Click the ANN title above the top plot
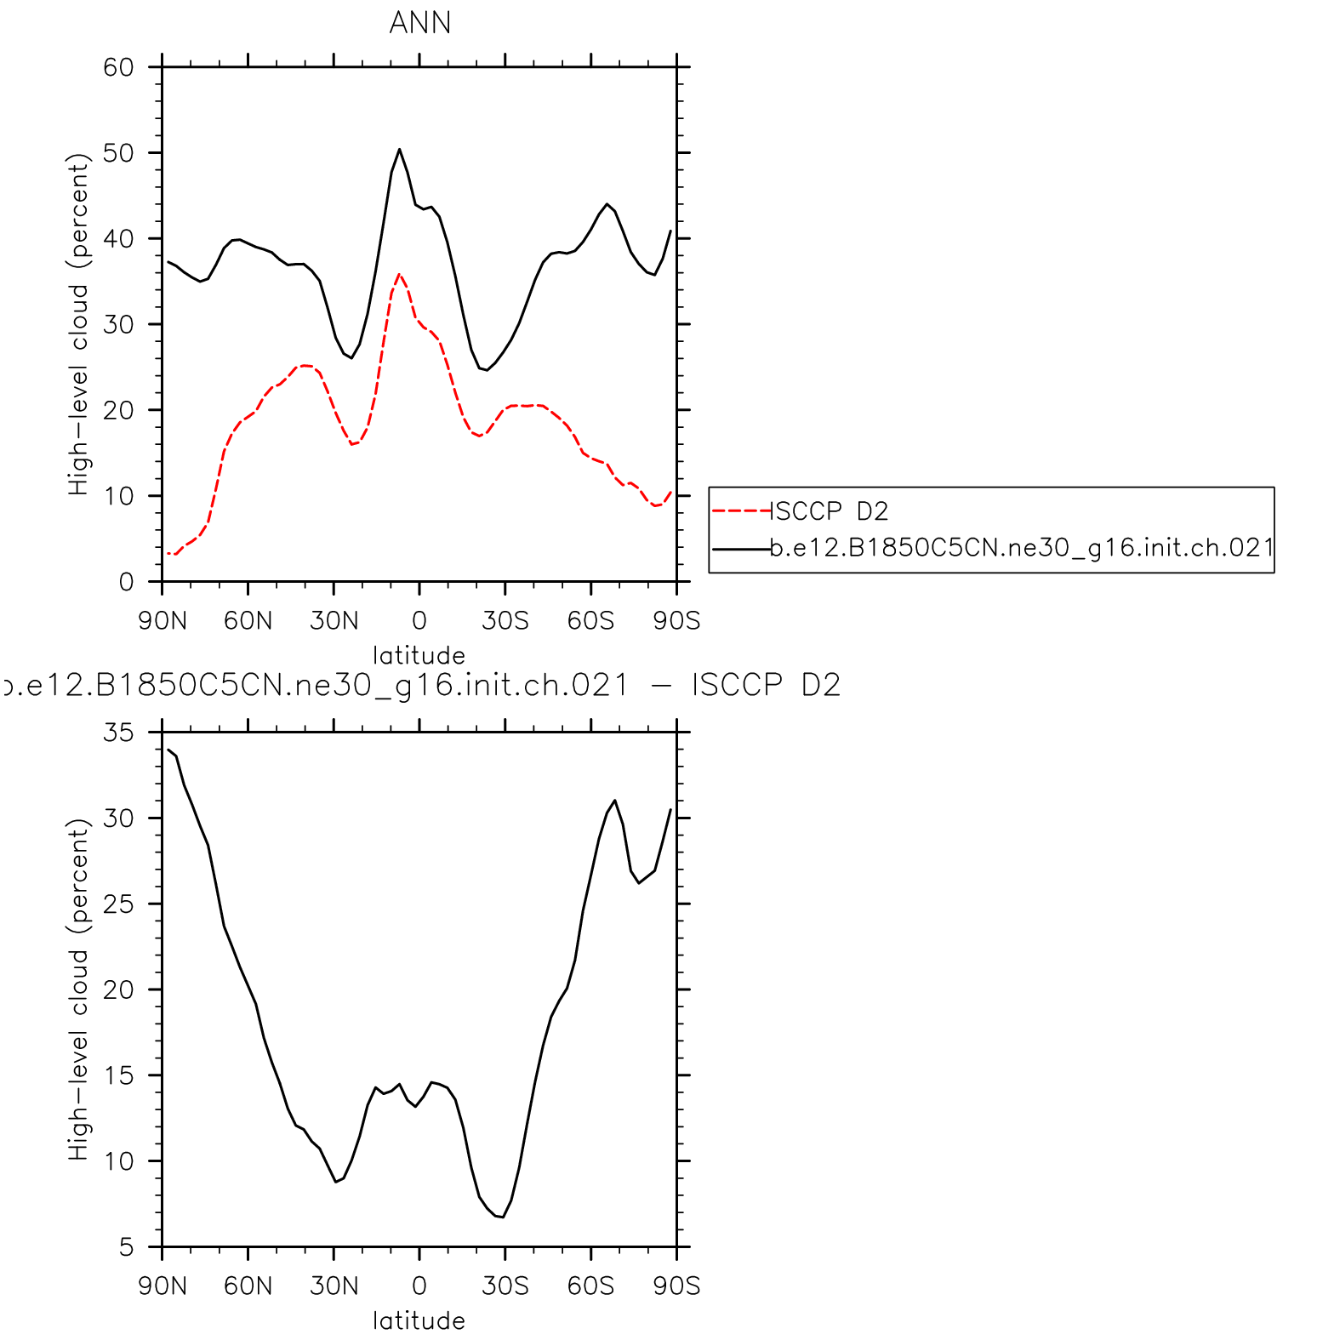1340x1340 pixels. (x=419, y=23)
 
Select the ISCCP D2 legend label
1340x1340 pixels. (x=830, y=511)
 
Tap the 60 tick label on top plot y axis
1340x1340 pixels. (x=118, y=67)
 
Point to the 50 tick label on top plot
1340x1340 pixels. (x=118, y=153)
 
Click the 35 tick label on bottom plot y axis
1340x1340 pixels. (x=118, y=733)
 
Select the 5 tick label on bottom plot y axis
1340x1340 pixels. (x=126, y=1247)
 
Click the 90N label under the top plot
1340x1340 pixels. (x=163, y=621)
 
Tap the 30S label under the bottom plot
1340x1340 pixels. (x=505, y=1286)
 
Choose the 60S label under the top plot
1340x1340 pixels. (x=590, y=621)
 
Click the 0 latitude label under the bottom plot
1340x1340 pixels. (x=419, y=1286)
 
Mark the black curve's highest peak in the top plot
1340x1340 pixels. (x=399, y=150)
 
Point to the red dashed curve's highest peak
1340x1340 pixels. (x=399, y=274)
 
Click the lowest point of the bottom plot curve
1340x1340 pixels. (x=503, y=1217)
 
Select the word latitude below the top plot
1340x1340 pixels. (x=419, y=656)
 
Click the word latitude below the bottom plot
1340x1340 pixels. (x=419, y=1321)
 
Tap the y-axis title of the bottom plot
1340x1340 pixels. (x=78, y=989)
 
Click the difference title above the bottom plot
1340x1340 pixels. (x=421, y=686)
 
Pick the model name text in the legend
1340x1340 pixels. (x=1021, y=549)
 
